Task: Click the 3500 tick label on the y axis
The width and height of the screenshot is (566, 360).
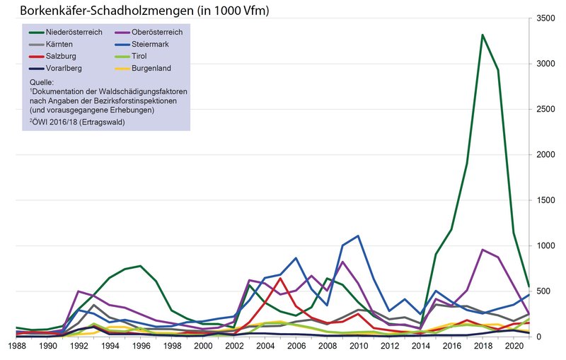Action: point(543,18)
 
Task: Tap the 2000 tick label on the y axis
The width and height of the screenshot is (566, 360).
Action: point(543,155)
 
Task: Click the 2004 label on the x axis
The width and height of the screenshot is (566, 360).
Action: point(265,347)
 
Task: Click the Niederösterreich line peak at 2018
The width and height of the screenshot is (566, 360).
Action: point(483,35)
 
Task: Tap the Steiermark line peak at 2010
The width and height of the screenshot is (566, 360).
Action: point(359,236)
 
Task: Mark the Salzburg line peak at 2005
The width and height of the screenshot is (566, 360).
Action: point(280,278)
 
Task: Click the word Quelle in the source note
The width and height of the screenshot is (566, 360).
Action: point(36,83)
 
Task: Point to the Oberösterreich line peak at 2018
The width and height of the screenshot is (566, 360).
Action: point(483,250)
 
